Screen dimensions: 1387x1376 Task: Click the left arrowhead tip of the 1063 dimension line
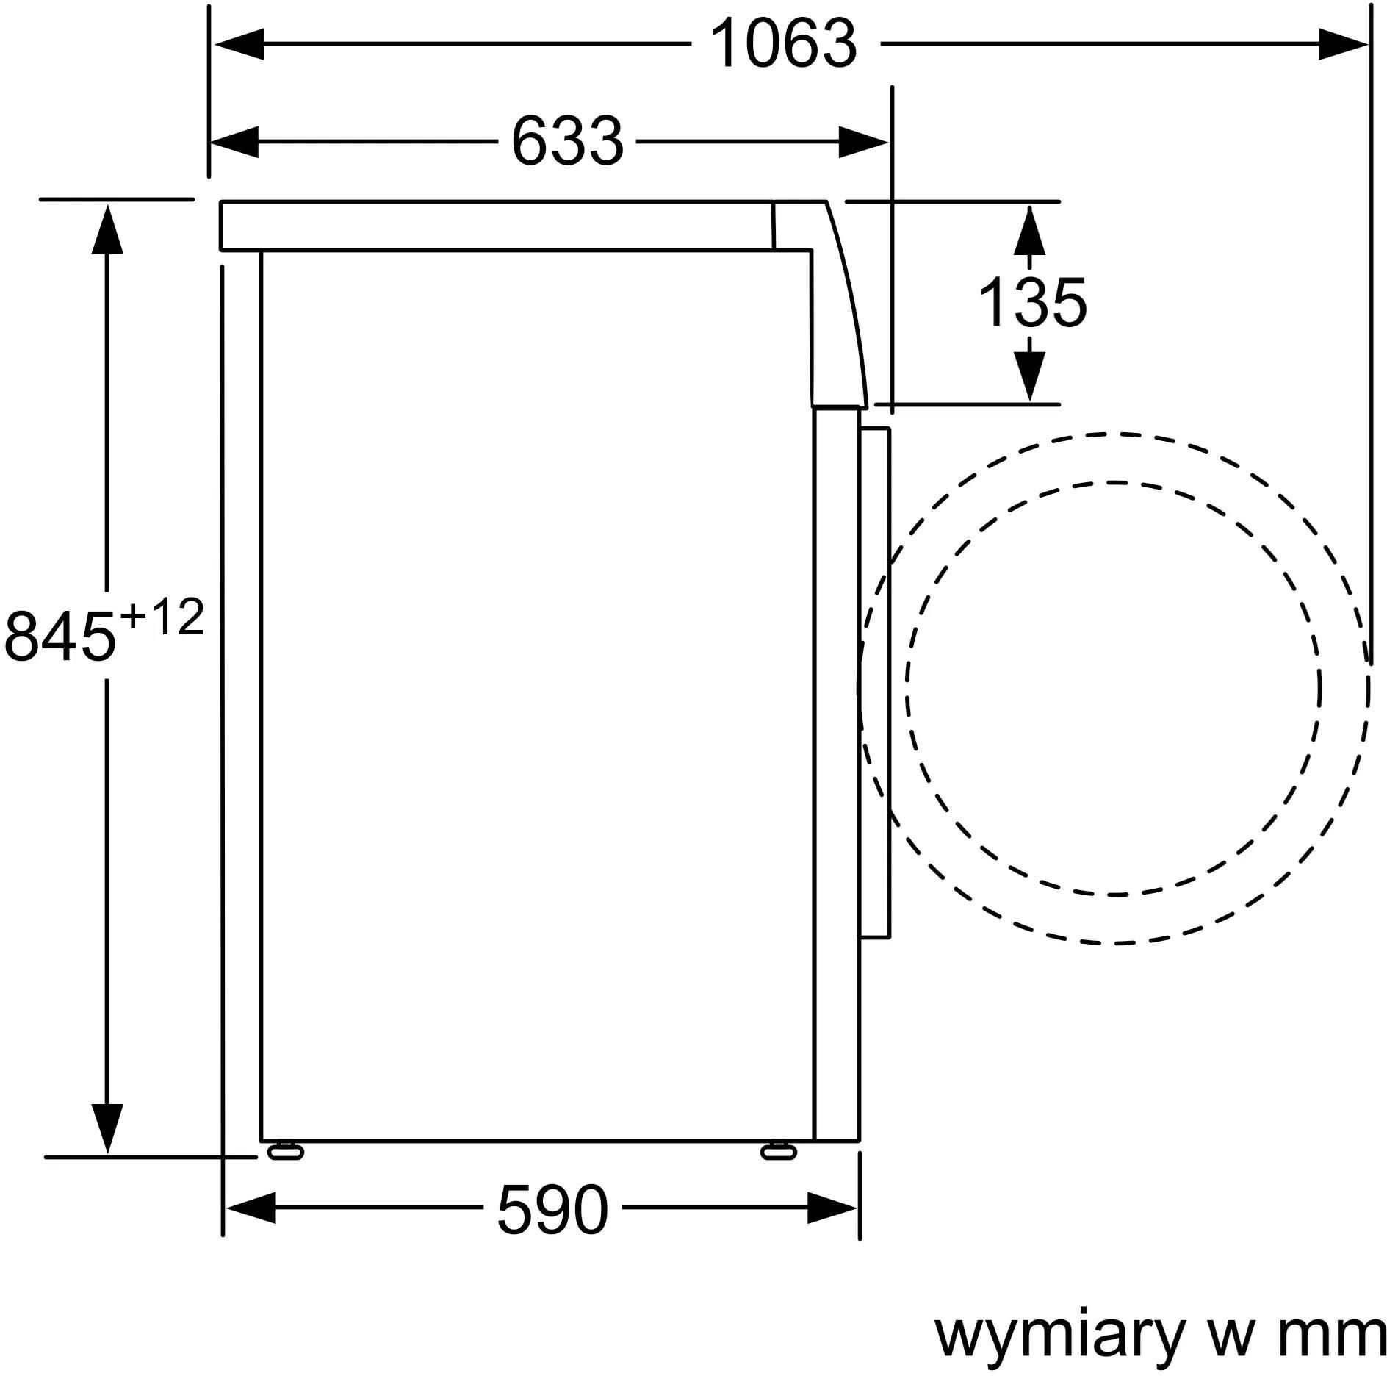click(215, 44)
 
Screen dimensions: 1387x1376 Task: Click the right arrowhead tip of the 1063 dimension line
click(1366, 44)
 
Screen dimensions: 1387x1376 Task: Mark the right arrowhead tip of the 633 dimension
click(888, 143)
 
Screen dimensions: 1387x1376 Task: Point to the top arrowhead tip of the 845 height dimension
click(108, 205)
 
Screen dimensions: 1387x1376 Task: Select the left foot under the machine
click(284, 1150)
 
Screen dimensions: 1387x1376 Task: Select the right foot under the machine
click(778, 1150)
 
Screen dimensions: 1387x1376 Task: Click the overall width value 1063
click(784, 44)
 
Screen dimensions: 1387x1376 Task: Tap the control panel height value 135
click(1032, 303)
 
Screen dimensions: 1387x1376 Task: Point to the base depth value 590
click(552, 1208)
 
